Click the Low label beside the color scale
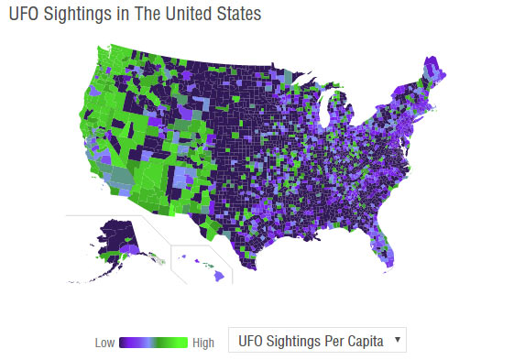(105, 343)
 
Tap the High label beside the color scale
(202, 343)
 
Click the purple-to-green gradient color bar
(154, 342)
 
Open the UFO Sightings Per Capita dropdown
(316, 341)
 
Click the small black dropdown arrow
(397, 340)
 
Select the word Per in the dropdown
(335, 341)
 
